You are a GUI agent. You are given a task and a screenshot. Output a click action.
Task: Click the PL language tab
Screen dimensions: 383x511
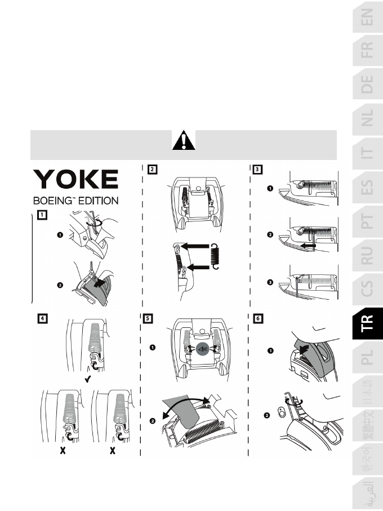tap(367, 356)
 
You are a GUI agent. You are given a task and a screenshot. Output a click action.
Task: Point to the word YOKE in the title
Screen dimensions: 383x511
tap(76, 180)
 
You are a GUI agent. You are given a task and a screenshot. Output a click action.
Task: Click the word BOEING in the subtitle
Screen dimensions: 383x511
tap(56, 201)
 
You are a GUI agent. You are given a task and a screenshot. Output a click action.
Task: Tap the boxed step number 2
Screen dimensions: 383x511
tap(153, 168)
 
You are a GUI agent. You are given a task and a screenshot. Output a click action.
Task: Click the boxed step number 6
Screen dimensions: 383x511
tap(258, 318)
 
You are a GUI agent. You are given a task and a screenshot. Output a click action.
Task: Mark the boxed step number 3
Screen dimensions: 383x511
tap(258, 168)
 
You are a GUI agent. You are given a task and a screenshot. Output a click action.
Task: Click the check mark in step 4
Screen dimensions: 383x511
tap(88, 381)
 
